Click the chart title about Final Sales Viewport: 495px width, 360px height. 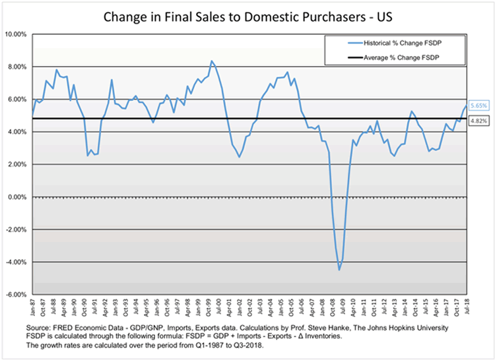[x=247, y=14]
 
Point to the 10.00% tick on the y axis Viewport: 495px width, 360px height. [x=16, y=34]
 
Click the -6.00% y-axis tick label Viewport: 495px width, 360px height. [x=16, y=295]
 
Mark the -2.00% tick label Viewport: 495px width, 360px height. [x=16, y=229]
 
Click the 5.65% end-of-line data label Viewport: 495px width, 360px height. [x=478, y=105]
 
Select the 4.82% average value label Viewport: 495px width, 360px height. [x=478, y=121]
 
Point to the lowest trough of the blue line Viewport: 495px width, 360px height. [x=339, y=270]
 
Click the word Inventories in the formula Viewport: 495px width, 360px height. [x=316, y=335]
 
